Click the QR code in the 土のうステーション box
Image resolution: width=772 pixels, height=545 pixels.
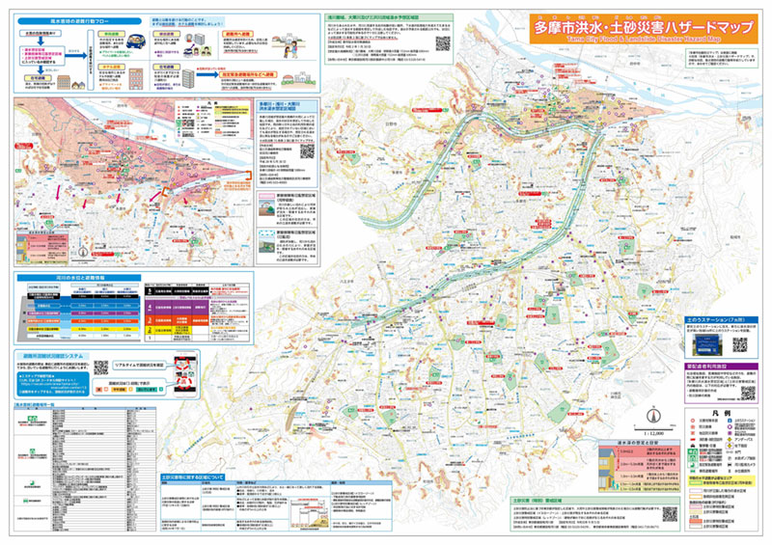[x=740, y=344]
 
